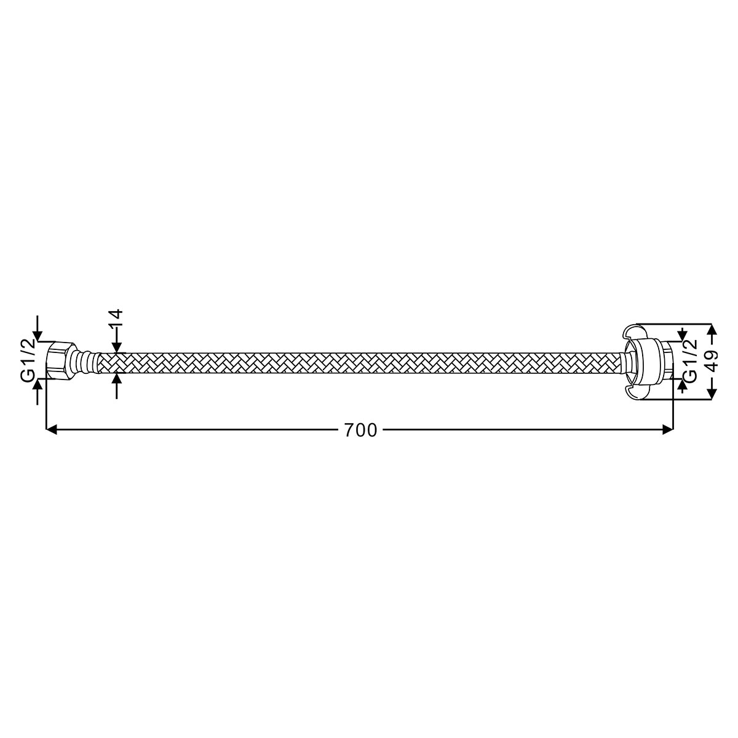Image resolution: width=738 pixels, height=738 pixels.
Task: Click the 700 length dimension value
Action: click(x=360, y=430)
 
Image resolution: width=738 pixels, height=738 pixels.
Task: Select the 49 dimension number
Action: click(x=712, y=361)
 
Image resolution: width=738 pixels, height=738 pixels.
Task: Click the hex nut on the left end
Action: click(x=60, y=360)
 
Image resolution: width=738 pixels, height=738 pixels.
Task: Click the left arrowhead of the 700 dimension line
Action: click(x=51, y=430)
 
